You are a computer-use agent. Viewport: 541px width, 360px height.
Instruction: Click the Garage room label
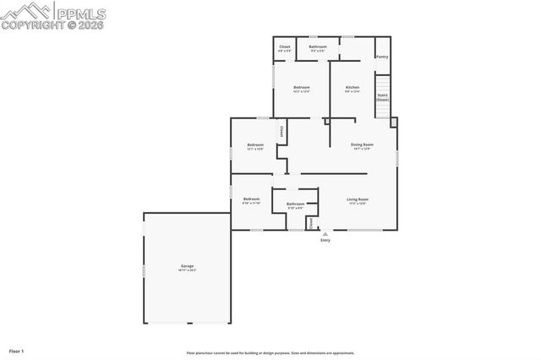[x=186, y=266]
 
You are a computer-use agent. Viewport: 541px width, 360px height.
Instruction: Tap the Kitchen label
[x=352, y=88]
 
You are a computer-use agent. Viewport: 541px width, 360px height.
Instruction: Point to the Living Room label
[x=358, y=199]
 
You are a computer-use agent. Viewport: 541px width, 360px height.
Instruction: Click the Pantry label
[x=382, y=57]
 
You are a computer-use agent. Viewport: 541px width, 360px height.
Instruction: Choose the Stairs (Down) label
[x=382, y=97]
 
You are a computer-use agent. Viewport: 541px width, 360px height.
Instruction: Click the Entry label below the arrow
[x=325, y=240]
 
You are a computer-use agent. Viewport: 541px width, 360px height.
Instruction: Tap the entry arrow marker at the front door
[x=325, y=233]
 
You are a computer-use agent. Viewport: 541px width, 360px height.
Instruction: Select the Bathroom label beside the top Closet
[x=318, y=46]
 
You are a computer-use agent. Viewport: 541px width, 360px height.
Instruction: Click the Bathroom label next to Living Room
[x=295, y=204]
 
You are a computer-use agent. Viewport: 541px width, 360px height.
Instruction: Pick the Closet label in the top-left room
[x=285, y=46]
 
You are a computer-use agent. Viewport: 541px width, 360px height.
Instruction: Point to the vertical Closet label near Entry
[x=310, y=223]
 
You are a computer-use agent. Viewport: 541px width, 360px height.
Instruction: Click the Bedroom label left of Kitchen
[x=302, y=88]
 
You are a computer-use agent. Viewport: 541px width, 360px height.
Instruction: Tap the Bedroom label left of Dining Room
[x=255, y=145]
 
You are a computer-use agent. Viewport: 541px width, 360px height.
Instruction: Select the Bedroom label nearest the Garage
[x=251, y=199]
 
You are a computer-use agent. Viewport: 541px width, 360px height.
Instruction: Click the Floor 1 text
[x=16, y=350]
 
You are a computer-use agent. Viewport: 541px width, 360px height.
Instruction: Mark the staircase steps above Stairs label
[x=382, y=83]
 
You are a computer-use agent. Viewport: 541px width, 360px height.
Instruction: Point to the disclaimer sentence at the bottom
[x=270, y=353]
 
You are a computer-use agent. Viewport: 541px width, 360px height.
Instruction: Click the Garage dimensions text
[x=186, y=270]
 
